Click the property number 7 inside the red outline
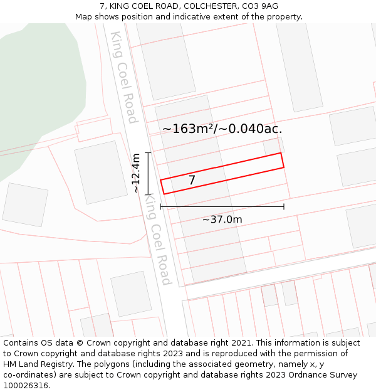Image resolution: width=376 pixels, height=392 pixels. click(x=192, y=180)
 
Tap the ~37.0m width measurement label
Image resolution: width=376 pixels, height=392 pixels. click(x=222, y=220)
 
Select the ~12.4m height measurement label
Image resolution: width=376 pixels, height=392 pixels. click(x=136, y=174)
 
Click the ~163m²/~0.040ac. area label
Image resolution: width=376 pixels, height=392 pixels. click(x=222, y=129)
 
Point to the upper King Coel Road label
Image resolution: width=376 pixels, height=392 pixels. click(x=123, y=77)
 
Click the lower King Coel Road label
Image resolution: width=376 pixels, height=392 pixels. click(x=158, y=239)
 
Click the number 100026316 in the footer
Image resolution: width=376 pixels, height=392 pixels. click(x=24, y=385)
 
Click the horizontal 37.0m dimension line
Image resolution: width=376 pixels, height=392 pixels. click(x=222, y=206)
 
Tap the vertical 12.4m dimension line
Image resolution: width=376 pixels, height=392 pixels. click(x=149, y=173)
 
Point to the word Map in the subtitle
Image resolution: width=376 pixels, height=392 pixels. click(x=84, y=16)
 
